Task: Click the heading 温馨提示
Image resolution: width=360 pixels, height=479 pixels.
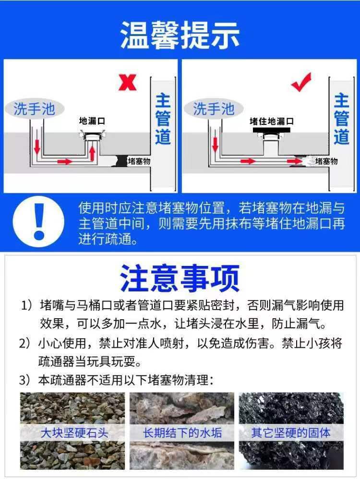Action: [x=180, y=36]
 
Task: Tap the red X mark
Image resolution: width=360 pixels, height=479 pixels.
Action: [x=127, y=83]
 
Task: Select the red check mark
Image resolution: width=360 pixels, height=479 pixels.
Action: [x=301, y=82]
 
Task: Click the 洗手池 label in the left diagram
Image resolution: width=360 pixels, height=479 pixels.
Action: [x=34, y=109]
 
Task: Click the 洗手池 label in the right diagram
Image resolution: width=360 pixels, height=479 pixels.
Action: [x=214, y=109]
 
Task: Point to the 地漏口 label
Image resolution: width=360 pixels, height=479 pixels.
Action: [x=92, y=121]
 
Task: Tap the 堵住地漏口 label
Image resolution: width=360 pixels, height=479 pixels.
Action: [x=272, y=121]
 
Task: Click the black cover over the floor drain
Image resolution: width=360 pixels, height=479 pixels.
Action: [x=271, y=131]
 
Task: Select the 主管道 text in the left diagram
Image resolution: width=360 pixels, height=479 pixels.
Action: [x=163, y=119]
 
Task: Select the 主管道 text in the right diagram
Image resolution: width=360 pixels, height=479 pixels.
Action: [x=341, y=119]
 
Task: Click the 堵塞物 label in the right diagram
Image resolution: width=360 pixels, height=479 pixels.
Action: [x=326, y=161]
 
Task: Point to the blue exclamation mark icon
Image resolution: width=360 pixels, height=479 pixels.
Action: [x=39, y=221]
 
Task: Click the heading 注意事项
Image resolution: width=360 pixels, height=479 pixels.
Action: [x=180, y=278]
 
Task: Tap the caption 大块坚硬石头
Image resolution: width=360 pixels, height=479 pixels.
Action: [x=74, y=433]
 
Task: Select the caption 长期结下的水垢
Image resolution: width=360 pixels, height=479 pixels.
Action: [x=182, y=433]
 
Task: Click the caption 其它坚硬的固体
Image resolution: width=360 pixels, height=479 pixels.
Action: [x=291, y=433]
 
